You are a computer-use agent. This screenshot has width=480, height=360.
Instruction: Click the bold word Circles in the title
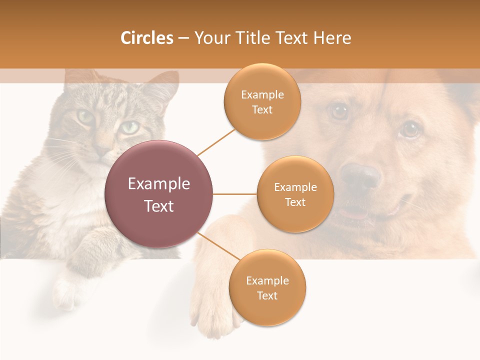coord(146,38)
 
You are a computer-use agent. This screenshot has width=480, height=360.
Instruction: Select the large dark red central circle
coord(159,194)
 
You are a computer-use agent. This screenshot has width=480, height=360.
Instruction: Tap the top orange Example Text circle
coord(262,101)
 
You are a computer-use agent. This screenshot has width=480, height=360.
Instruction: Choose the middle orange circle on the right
coord(295,194)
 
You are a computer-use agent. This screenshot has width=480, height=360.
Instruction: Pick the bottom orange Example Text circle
coord(267,287)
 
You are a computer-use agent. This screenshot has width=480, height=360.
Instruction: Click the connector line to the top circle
coord(216,142)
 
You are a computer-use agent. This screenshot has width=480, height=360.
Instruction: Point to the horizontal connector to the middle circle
coord(234,194)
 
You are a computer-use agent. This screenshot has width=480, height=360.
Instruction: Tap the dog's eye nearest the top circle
coord(339,111)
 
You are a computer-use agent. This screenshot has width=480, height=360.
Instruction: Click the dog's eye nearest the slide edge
coord(410,129)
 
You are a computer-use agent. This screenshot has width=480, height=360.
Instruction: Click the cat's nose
coord(103,149)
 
